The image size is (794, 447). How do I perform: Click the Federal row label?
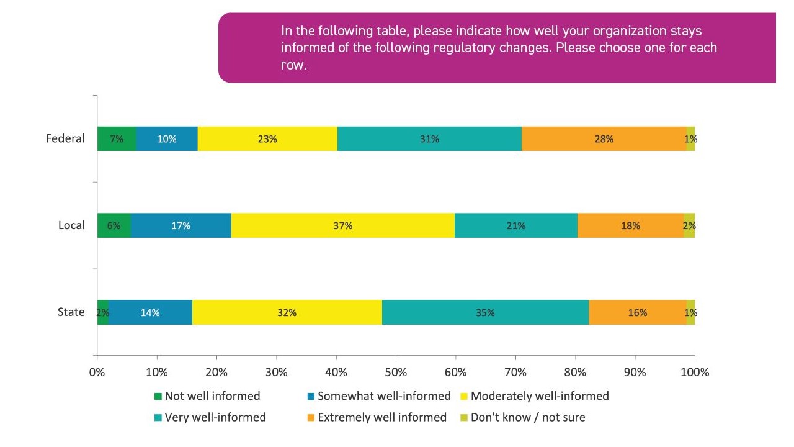point(65,138)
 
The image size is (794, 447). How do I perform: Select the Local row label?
point(71,225)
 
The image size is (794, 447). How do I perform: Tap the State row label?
point(71,312)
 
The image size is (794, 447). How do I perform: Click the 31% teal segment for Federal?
point(429,139)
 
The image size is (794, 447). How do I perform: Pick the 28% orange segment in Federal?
point(604,139)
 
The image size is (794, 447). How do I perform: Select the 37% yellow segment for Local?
point(342,226)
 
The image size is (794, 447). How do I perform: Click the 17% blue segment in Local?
point(181,226)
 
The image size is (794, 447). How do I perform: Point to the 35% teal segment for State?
point(485,313)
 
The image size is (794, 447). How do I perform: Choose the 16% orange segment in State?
point(637,313)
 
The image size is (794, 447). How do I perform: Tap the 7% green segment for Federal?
point(116,139)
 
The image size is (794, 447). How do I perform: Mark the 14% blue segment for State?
point(150,313)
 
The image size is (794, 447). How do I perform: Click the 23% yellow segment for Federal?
point(267,139)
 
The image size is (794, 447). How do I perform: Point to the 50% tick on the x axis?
point(396,372)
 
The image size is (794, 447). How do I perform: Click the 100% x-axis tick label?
point(695,372)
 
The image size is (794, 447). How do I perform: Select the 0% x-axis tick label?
point(97,372)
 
